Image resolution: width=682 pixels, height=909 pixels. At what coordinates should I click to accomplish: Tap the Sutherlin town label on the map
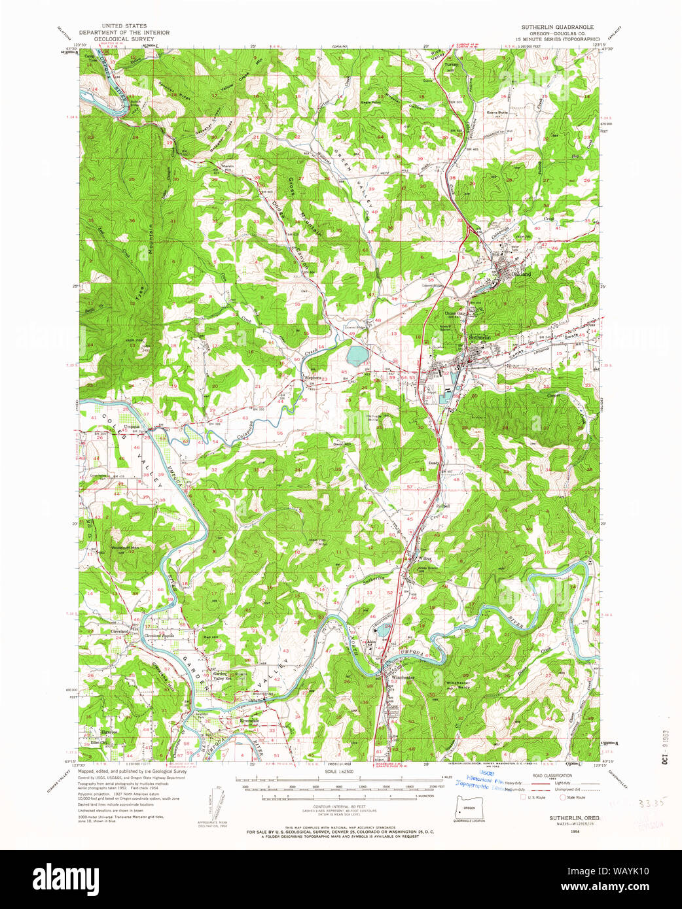coord(479,337)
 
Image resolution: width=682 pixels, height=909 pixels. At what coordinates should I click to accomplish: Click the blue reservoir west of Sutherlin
coord(357,356)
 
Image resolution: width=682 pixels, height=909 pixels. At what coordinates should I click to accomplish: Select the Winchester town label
coord(403,677)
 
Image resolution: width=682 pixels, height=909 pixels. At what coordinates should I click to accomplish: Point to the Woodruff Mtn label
coord(124,547)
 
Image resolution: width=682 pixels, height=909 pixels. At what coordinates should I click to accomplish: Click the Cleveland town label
coord(119,631)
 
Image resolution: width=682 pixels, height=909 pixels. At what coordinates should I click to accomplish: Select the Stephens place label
coord(313,377)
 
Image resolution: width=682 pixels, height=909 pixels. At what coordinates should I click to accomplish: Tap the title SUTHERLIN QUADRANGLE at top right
coord(557,27)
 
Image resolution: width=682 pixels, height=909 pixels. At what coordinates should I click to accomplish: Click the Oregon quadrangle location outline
coord(469,807)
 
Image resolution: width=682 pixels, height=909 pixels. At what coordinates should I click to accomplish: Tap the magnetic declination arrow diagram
coord(223,802)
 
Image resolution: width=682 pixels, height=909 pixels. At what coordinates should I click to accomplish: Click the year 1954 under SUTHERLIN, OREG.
coord(556,831)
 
